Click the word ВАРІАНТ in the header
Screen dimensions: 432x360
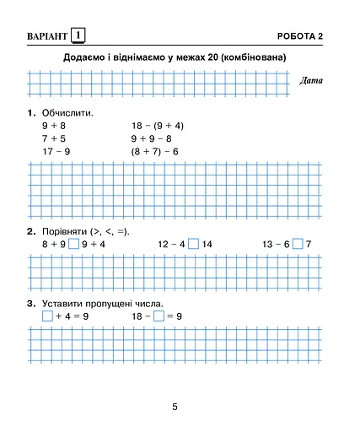(40, 35)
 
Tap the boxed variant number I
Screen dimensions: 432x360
(78, 35)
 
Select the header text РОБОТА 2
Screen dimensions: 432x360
(301, 35)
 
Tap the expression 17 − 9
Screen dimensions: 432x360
(56, 151)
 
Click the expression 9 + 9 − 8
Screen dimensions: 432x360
(152, 138)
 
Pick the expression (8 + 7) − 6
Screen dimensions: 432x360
(155, 151)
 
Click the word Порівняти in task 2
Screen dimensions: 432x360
(69, 231)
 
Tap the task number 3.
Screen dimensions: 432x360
(30, 303)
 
